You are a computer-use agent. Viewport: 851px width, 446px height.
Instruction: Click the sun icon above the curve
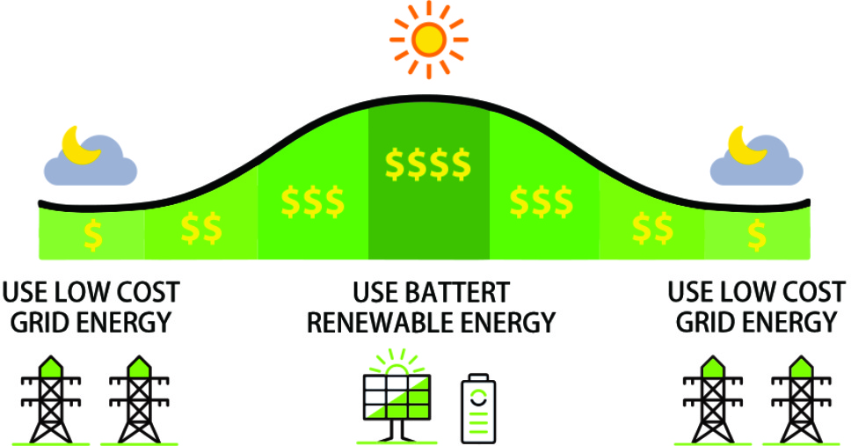coord(429,40)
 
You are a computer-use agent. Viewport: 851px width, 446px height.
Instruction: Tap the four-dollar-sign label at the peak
coord(427,164)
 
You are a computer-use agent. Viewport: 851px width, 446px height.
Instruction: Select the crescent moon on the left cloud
coord(80,145)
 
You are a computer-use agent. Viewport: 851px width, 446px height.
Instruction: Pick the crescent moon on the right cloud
coord(746,145)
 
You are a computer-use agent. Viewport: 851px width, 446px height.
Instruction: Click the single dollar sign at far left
coord(93,235)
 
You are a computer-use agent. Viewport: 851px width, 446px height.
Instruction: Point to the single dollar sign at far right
coord(757,235)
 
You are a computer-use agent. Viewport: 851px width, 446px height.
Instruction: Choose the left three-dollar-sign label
coord(313,202)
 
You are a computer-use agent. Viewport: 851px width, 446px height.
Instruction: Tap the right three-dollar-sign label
coord(541,202)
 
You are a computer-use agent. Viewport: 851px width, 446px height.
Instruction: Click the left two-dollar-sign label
coord(201,229)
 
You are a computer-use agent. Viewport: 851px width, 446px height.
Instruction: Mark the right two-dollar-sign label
coord(653,229)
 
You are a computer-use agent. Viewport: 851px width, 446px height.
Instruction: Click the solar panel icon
coord(396,396)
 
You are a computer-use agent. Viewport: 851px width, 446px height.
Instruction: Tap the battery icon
coord(478,408)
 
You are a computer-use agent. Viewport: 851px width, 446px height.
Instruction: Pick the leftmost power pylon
coord(51,399)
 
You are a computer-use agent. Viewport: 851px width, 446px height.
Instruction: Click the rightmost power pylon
coord(800,399)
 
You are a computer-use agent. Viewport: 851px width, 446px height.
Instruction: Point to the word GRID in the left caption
coord(40,323)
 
